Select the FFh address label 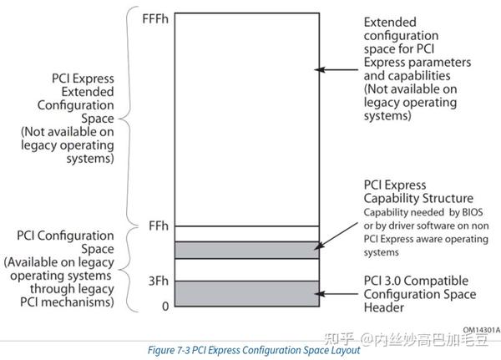point(158,226)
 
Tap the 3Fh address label point(158,281)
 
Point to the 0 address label point(164,306)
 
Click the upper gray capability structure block point(247,249)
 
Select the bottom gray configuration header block point(247,291)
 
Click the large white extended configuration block point(247,117)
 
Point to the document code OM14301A point(476,330)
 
